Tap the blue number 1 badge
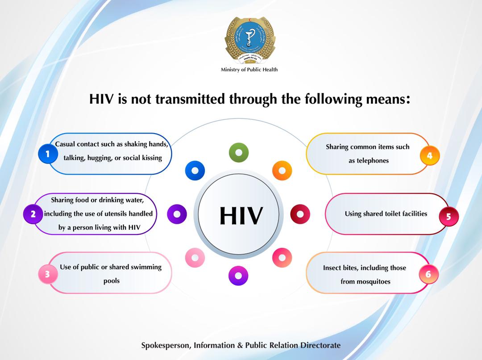pos(48,154)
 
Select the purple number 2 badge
pos(33,214)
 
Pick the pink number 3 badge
pos(48,274)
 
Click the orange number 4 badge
pos(430,156)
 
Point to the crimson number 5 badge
pos(449,216)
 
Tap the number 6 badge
pos(428,274)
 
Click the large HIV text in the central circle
pos(241,216)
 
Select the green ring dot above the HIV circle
pos(239,153)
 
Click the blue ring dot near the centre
pos(195,171)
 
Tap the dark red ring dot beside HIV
pos(300,214)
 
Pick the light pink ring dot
pos(195,258)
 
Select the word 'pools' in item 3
pos(111,281)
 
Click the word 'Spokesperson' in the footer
pos(166,346)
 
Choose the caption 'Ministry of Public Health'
pos(249,70)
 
